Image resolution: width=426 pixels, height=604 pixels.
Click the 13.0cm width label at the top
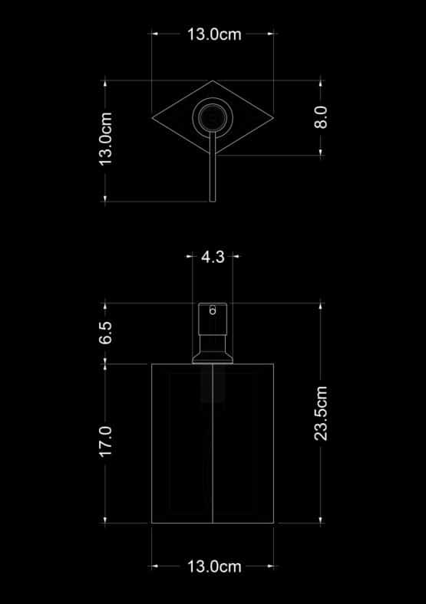pyautogui.click(x=214, y=34)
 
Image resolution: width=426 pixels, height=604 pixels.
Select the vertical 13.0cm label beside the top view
pyautogui.click(x=105, y=139)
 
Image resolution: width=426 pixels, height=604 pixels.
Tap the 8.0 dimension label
pyautogui.click(x=321, y=117)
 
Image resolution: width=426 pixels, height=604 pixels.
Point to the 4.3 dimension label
pyautogui.click(x=213, y=257)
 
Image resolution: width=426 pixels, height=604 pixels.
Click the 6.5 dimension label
pyautogui.click(x=105, y=333)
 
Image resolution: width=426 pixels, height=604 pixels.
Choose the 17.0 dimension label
pyautogui.click(x=105, y=442)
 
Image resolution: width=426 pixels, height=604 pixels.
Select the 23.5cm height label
pyautogui.click(x=321, y=413)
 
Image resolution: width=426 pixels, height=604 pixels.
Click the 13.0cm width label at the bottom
pyautogui.click(x=214, y=566)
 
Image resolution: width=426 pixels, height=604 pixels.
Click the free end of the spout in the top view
pyautogui.click(x=213, y=201)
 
